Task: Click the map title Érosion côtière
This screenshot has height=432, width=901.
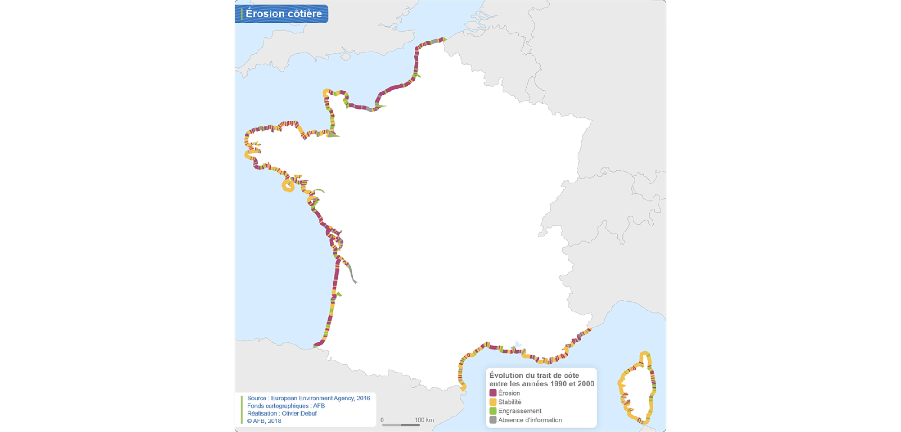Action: point(284,13)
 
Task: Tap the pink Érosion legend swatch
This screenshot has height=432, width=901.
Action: point(493,393)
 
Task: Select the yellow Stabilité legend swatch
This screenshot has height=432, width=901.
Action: point(493,402)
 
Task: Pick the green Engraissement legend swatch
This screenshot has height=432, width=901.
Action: point(493,411)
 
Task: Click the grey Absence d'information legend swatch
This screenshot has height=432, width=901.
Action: point(493,420)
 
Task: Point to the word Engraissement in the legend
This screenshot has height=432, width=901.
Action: point(519,411)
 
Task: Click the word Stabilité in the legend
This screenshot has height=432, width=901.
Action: point(509,402)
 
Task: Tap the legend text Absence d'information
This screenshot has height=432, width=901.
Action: point(530,420)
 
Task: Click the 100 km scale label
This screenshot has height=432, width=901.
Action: point(424,420)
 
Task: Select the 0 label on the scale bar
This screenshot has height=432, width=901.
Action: point(382,420)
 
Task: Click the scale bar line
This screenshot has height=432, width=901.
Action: point(401,425)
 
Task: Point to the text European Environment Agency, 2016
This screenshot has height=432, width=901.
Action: point(320,398)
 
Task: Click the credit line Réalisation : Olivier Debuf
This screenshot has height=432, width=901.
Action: point(282,413)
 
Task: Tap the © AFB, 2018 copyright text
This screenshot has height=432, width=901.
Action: point(264,421)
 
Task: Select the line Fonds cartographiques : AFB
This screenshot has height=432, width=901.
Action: point(286,406)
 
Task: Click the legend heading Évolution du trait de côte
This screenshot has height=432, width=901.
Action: point(534,375)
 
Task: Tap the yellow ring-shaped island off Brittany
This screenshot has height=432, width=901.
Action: point(288,186)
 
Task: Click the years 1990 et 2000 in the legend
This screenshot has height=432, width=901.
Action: point(572,384)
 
